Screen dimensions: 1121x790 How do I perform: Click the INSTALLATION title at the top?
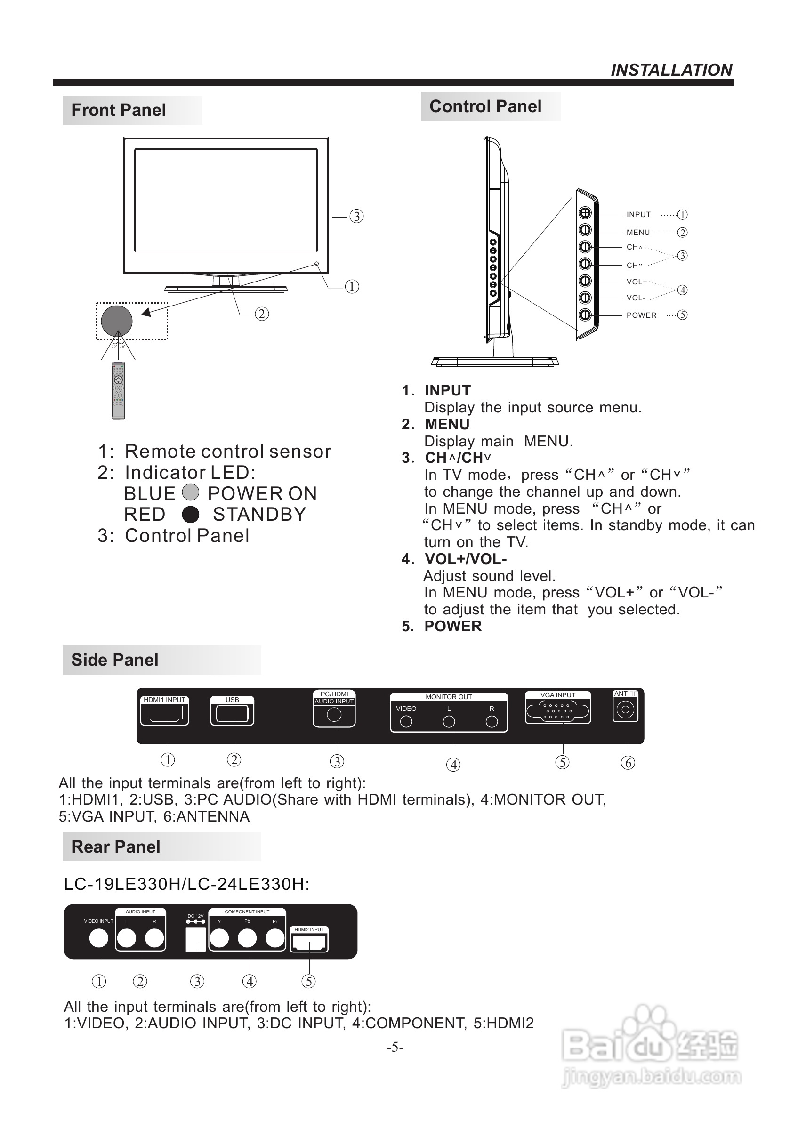pyautogui.click(x=671, y=70)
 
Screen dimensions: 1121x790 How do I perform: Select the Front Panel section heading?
pyautogui.click(x=118, y=110)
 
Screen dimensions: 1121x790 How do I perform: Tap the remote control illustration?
pyautogui.click(x=118, y=391)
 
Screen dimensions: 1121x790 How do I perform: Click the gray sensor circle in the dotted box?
pyautogui.click(x=117, y=321)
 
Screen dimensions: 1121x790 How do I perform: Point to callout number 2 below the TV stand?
pyautogui.click(x=262, y=314)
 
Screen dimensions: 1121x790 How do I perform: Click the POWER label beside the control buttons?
pyautogui.click(x=641, y=315)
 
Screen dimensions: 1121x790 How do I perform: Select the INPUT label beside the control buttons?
pyautogui.click(x=638, y=215)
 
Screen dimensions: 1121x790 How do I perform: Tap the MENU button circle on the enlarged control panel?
pyautogui.click(x=585, y=230)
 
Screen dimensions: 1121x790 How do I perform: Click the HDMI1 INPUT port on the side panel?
pyautogui.click(x=164, y=714)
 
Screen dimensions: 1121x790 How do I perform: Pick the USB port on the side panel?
pyautogui.click(x=232, y=714)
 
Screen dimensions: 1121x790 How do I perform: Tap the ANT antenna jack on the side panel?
pyautogui.click(x=625, y=710)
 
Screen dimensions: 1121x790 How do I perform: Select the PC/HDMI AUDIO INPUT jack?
pyautogui.click(x=334, y=715)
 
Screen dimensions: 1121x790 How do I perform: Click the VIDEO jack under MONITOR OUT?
pyautogui.click(x=406, y=722)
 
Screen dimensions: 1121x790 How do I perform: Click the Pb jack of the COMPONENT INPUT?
pyautogui.click(x=247, y=938)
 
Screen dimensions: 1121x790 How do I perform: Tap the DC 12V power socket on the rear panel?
pyautogui.click(x=196, y=939)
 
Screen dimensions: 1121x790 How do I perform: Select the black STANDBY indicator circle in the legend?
pyautogui.click(x=190, y=515)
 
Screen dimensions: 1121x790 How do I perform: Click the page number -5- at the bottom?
pyautogui.click(x=395, y=1047)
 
